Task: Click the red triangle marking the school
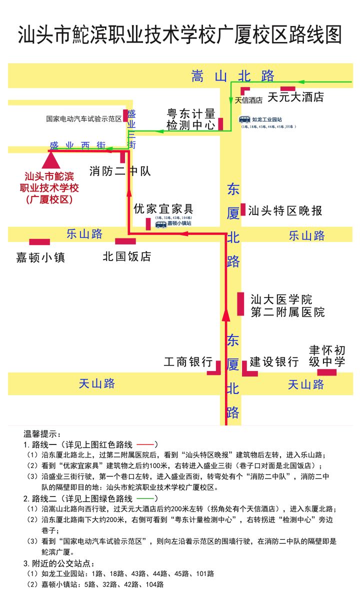[x=50, y=160]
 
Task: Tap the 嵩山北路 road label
[x=233, y=76]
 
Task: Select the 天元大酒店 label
[x=295, y=97]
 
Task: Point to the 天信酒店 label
[x=248, y=100]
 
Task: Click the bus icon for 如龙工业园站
[x=244, y=119]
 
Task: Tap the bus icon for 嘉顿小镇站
[x=160, y=224]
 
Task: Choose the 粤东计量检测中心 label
[x=191, y=119]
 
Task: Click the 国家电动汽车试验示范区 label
[x=84, y=119]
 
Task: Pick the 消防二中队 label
[x=120, y=171]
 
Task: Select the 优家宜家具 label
[x=163, y=209]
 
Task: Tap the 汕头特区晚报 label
[x=285, y=210]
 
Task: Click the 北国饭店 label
[x=127, y=256]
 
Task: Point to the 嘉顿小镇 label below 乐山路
[x=40, y=257]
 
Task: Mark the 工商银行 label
[x=188, y=362]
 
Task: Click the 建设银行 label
[x=274, y=362]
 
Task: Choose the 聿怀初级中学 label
[x=327, y=355]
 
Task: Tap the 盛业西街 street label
[x=77, y=145]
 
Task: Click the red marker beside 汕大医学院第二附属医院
[x=240, y=303]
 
